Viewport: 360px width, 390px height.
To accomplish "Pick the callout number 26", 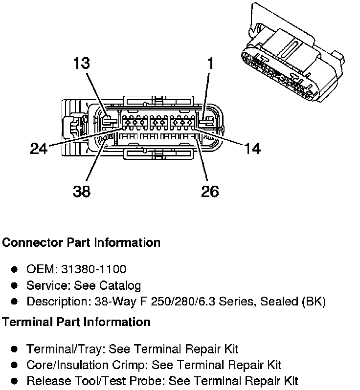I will pos(209,191).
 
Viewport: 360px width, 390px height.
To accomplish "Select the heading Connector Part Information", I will pos(81,242).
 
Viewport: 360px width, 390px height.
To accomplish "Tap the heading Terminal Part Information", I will pos(76,322).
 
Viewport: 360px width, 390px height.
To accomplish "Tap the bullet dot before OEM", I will pos(15,269).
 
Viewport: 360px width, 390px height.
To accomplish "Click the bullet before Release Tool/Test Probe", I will pos(15,381).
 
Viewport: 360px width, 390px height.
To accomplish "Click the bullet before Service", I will pos(15,285).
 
